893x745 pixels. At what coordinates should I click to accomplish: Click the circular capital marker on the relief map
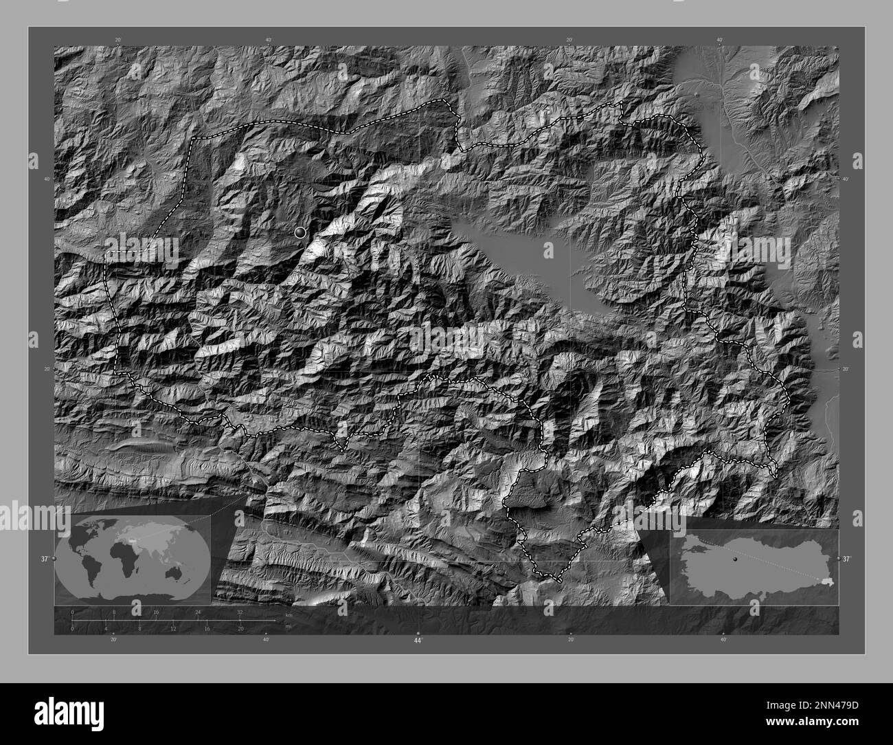tap(299, 232)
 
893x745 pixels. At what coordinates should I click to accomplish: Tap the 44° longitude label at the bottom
tap(418, 641)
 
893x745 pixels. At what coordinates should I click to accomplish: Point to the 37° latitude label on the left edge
tap(44, 559)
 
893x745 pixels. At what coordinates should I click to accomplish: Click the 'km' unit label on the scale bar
tap(289, 614)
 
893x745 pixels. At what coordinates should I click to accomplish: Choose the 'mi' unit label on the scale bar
tap(289, 628)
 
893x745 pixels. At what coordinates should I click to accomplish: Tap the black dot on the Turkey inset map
tap(735, 559)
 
